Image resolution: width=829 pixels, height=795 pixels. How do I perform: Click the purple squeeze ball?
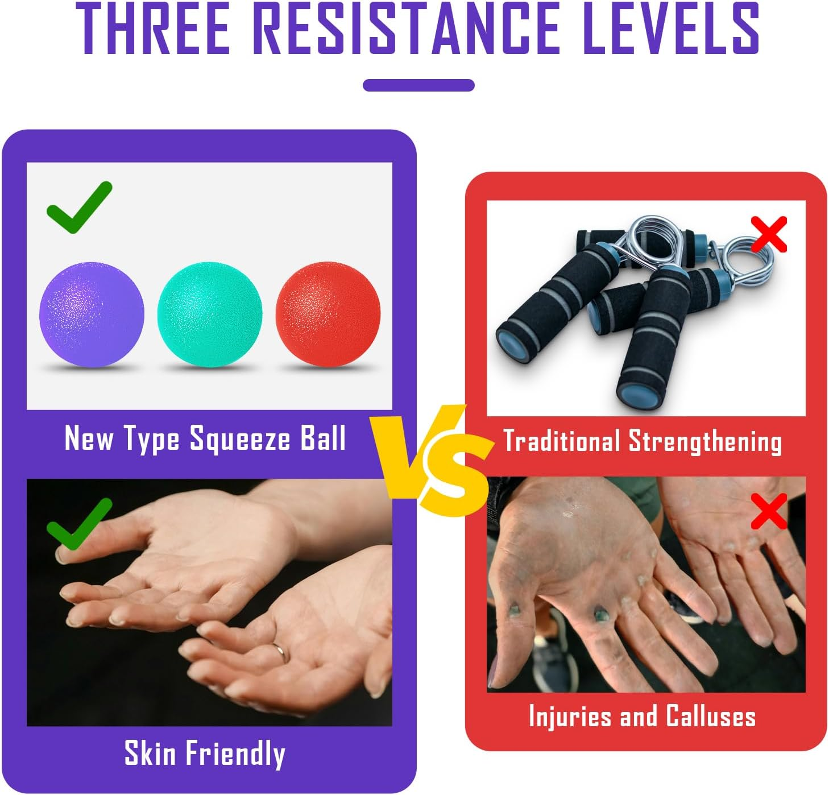(91, 314)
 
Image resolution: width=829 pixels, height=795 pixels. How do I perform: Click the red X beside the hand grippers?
(769, 234)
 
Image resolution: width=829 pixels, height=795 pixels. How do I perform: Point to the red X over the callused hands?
(769, 511)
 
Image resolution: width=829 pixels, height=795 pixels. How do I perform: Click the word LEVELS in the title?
(671, 30)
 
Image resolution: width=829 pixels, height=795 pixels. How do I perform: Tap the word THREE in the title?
(154, 30)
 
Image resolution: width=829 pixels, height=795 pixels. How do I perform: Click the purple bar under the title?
(418, 85)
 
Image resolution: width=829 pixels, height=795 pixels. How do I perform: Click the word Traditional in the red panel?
(561, 441)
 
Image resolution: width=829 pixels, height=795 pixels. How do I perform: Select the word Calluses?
(710, 716)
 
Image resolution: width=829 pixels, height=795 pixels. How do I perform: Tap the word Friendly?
(236, 753)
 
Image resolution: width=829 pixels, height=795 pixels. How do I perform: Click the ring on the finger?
(280, 651)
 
